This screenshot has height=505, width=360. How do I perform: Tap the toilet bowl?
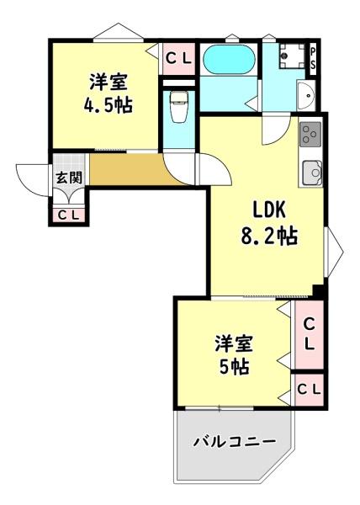[x=177, y=107]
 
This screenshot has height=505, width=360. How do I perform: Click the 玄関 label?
[x=68, y=178]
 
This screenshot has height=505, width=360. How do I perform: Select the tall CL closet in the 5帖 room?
[x=308, y=333]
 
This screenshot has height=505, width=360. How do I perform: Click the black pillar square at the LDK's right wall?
[x=319, y=291]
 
